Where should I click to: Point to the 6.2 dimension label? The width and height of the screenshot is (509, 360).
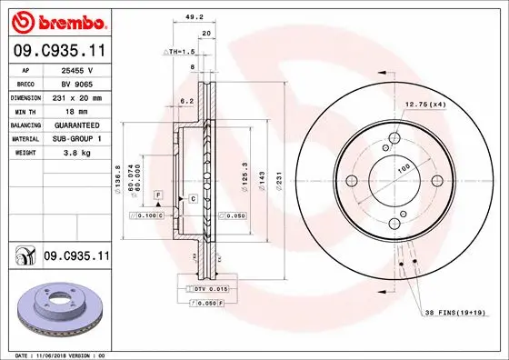tap(188, 100)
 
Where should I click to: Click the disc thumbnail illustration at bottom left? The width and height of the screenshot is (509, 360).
tap(56, 308)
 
